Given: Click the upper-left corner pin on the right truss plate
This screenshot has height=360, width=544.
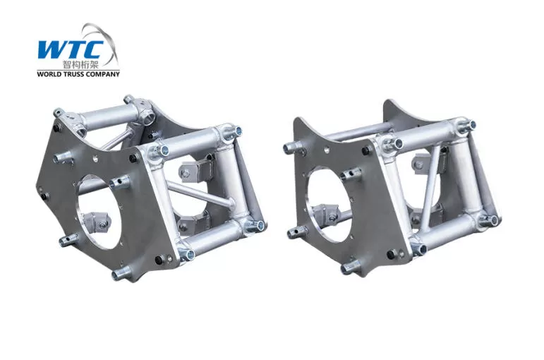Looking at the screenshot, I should [289, 148].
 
